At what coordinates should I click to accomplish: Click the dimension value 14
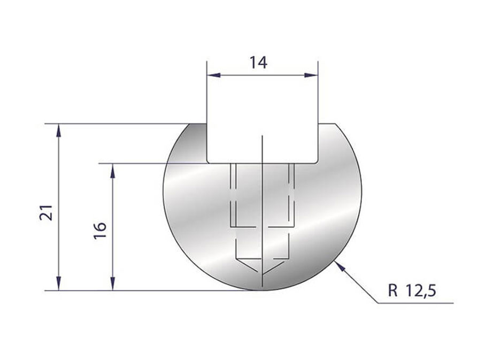tap(258, 63)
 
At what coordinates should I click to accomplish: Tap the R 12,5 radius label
tap(413, 291)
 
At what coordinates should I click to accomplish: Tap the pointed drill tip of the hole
tap(263, 272)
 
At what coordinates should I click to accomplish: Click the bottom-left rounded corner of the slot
tap(209, 160)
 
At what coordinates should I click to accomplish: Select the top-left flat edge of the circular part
tap(196, 124)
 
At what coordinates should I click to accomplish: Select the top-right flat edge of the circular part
tap(327, 124)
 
